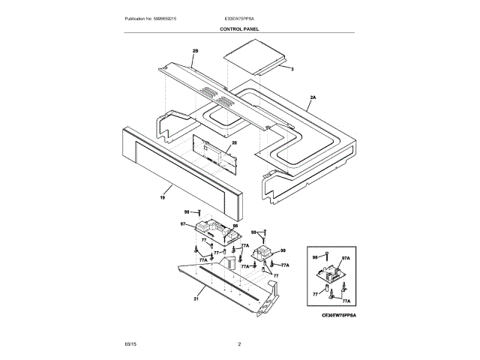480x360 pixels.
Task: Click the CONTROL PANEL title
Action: pyautogui.click(x=239, y=28)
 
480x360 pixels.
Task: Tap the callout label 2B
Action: pyautogui.click(x=195, y=51)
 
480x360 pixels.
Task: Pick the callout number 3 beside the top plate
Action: pyautogui.click(x=292, y=69)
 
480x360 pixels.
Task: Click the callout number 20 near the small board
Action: pyautogui.click(x=234, y=142)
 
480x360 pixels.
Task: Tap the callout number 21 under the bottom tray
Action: pyautogui.click(x=196, y=298)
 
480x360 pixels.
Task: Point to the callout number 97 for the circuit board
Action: pyautogui.click(x=183, y=223)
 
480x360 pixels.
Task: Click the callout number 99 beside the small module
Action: pyautogui.click(x=283, y=250)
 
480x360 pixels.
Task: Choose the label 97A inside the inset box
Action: pyautogui.click(x=346, y=257)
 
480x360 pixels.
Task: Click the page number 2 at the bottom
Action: pyautogui.click(x=239, y=344)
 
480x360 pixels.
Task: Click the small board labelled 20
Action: pyautogui.click(x=214, y=149)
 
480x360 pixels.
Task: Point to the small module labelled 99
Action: pyautogui.click(x=263, y=253)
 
